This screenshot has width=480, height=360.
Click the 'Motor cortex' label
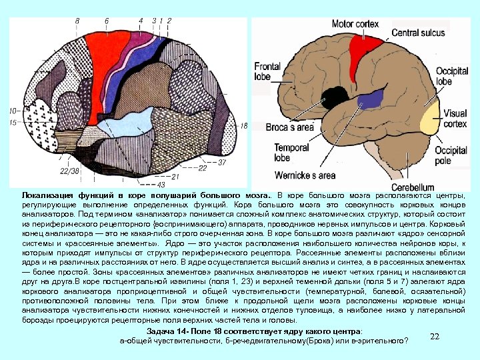coord(355,23)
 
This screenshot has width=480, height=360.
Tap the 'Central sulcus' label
coord(419,32)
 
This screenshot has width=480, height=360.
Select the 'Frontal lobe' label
coord(267,71)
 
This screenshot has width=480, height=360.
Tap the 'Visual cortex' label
coord(456,118)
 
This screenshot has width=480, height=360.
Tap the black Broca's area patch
coord(329,97)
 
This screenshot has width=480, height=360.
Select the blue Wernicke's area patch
coord(366,101)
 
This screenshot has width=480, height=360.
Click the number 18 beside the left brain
coord(243,126)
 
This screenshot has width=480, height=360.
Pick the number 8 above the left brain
coord(77,22)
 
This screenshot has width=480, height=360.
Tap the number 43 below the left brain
coord(160,183)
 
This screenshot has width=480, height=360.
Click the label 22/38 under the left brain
coord(69,171)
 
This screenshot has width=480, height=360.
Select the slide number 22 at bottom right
coord(435,337)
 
